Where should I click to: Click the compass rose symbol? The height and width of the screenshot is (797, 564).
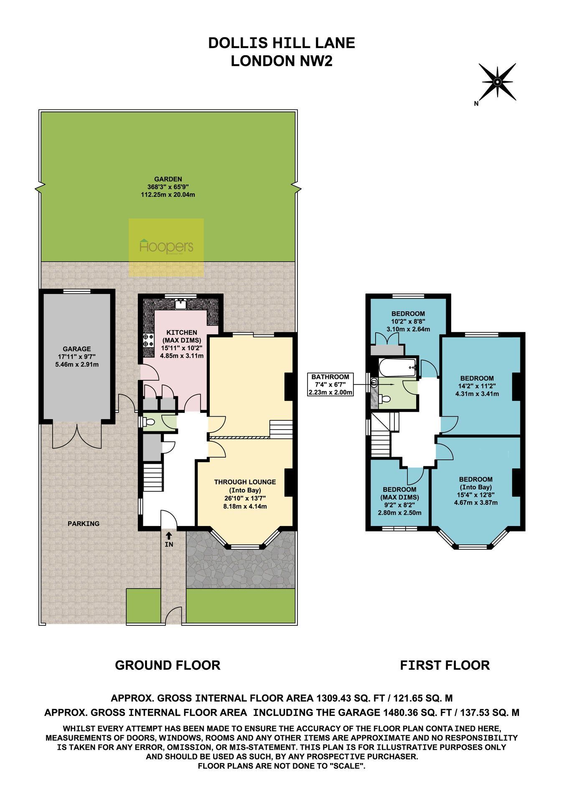pos(497,82)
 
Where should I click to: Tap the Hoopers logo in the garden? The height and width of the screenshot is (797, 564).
pos(166,247)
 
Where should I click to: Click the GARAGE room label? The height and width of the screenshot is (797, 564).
pos(77,349)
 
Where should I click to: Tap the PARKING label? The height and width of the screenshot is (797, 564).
pos(84,524)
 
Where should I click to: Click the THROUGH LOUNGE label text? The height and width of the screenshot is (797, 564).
pos(245,482)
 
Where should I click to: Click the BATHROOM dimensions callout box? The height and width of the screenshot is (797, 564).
pos(330,385)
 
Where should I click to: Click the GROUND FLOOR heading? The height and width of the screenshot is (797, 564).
pos(168,665)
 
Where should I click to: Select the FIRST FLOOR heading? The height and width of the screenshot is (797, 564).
pos(445,665)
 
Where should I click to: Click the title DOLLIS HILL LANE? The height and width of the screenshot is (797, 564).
pos(282,43)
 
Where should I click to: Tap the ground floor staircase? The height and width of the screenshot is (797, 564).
pos(153,479)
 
